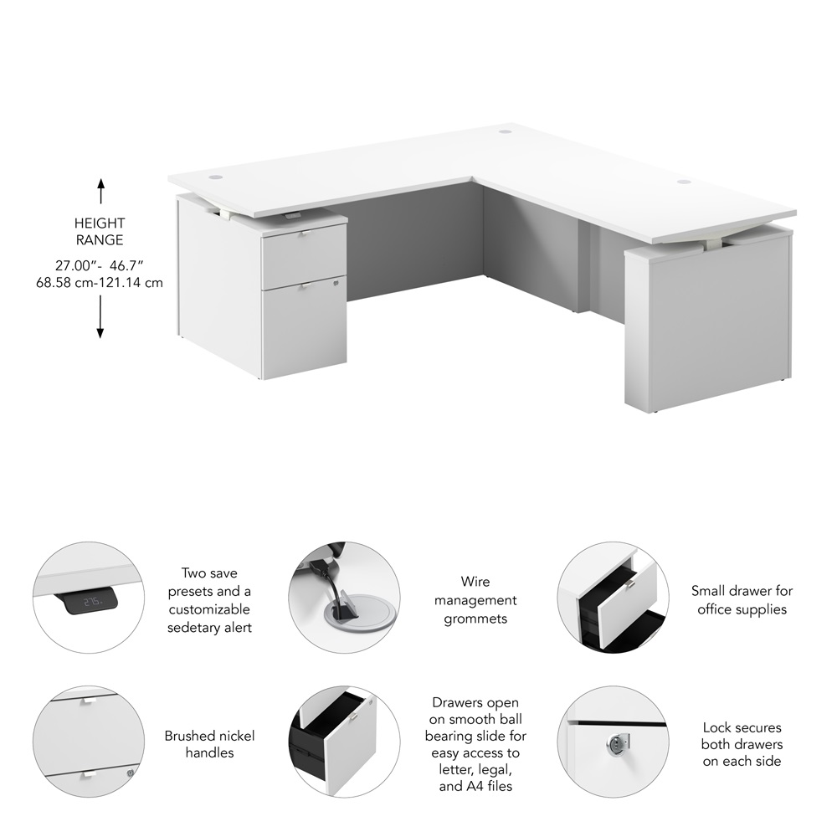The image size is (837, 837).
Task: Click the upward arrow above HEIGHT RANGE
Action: pos(100,191)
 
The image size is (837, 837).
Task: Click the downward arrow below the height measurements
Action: pos(100,317)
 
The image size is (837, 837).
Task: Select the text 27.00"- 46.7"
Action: pos(100,265)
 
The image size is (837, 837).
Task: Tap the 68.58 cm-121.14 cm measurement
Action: pos(100,282)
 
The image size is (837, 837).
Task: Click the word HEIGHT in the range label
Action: pos(100,223)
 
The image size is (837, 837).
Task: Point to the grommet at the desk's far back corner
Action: pos(505,131)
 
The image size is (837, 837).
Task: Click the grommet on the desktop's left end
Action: pos(215,176)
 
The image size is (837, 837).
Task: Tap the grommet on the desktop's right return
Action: pos(685,182)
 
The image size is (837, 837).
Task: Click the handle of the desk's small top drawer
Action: pos(304,233)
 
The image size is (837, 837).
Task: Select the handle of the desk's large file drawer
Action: pos(305,287)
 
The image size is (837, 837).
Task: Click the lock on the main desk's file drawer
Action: pos(336,282)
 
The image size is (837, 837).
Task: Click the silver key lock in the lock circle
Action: pos(618,742)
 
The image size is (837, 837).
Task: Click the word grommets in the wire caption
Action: pos(475,619)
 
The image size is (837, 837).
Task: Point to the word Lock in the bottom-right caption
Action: pos(716,727)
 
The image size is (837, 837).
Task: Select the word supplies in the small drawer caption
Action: pos(763,609)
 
